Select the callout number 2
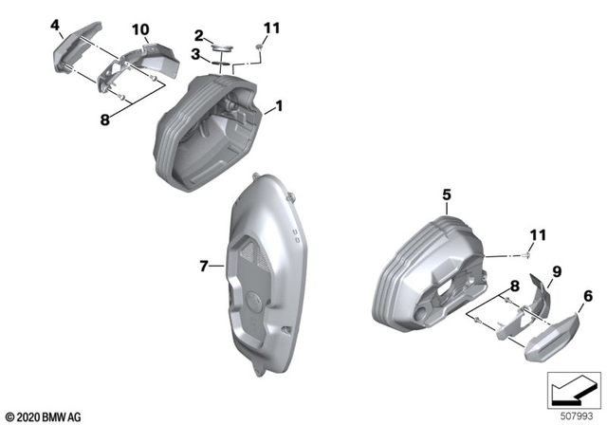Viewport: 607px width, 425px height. (199, 34)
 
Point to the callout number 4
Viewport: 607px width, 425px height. (56, 23)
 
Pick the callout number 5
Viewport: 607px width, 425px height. (446, 197)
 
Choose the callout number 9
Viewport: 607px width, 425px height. (557, 272)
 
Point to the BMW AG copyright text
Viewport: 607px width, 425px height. (43, 415)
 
